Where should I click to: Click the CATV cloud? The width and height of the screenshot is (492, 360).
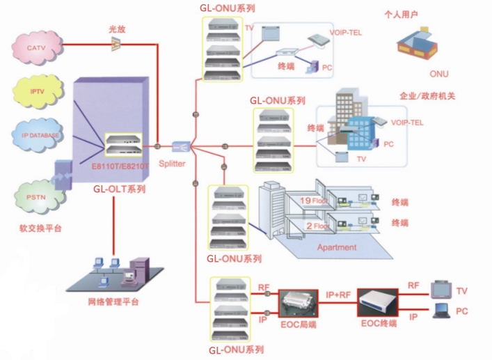35,47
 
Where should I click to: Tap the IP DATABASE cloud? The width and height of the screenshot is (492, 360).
36,134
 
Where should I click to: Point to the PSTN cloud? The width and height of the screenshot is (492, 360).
36,196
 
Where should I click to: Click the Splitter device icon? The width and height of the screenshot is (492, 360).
181,146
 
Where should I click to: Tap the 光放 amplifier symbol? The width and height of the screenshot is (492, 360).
116,44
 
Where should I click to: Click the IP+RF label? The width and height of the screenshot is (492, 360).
339,295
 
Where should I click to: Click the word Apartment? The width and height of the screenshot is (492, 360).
337,247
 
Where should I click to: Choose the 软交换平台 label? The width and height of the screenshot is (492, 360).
41,228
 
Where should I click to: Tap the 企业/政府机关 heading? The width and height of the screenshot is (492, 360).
427,96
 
